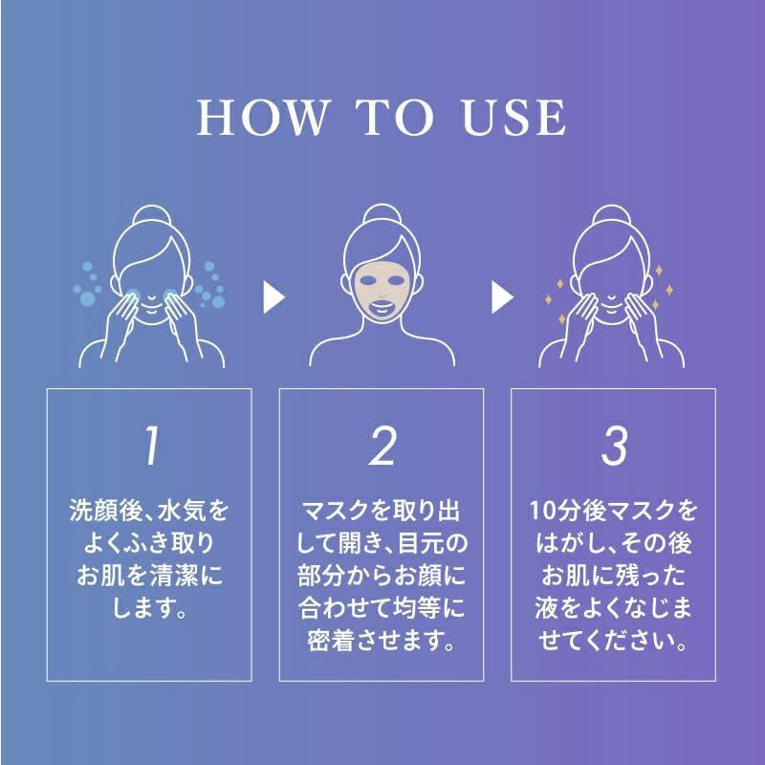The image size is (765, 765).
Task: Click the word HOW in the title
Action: (261, 117)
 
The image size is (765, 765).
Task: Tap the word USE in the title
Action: (514, 117)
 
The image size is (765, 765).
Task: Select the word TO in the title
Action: (394, 117)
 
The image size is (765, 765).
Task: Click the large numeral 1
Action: (152, 446)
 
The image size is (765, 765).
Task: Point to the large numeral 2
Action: (382, 446)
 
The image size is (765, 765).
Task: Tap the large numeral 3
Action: (614, 446)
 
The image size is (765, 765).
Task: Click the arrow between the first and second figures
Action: (273, 297)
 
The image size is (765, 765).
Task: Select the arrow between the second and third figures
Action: (503, 297)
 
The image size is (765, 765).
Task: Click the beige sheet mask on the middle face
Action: (382, 294)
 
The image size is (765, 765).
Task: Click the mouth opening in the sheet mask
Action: (382, 309)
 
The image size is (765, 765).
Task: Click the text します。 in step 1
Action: (149, 608)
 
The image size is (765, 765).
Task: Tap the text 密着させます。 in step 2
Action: (381, 640)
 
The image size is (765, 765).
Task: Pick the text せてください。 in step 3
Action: (613, 640)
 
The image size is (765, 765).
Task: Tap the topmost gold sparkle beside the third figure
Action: (659, 271)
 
